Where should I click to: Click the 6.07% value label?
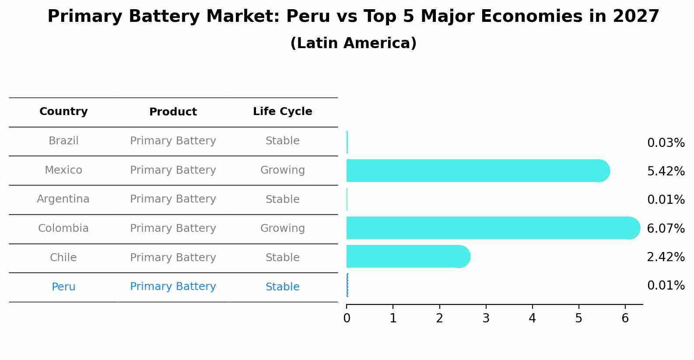tap(665, 228)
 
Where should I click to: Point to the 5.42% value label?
tap(665, 171)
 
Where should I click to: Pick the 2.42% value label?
tap(665, 257)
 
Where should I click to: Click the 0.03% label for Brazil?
tap(665, 143)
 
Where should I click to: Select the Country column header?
tap(63, 112)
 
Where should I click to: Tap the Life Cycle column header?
tap(282, 112)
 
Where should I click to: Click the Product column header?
tap(173, 112)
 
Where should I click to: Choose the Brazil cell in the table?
tap(63, 141)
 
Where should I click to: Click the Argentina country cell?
tap(63, 199)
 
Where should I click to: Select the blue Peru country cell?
tap(63, 287)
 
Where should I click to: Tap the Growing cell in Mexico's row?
tap(282, 170)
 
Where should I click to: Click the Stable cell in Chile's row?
tap(282, 258)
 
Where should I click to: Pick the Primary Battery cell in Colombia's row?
tap(173, 228)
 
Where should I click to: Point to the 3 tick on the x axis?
tap(486, 318)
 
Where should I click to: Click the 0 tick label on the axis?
tap(347, 318)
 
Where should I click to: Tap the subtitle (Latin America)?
tap(353, 43)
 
